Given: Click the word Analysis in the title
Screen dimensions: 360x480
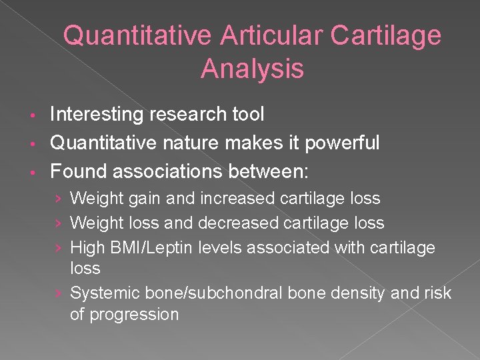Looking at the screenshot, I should [x=252, y=69].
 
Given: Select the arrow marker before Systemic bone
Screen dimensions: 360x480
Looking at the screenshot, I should [x=59, y=293].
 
